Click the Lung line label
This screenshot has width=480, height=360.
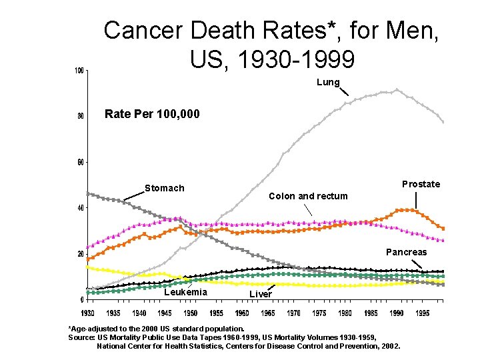point(329,83)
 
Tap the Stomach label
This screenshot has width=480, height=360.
point(165,188)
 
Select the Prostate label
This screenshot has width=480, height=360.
point(421,184)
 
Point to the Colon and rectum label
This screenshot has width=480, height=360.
point(308,196)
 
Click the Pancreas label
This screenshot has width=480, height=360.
point(407,252)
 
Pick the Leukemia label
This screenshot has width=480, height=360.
point(185,293)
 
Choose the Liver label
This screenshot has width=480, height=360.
point(261,294)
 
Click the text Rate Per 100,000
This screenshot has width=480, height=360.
point(152,114)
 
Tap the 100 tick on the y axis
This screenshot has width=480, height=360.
point(79,71)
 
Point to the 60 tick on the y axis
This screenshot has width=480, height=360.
point(80,162)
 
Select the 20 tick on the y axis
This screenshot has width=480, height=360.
point(80,254)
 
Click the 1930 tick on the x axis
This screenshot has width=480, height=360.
point(87,313)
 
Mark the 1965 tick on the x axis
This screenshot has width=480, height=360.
point(268,313)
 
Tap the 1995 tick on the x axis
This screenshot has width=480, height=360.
point(423,313)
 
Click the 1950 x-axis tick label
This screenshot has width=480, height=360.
point(191,313)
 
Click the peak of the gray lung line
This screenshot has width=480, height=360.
point(397,89)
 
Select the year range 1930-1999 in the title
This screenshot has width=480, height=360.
point(272,59)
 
